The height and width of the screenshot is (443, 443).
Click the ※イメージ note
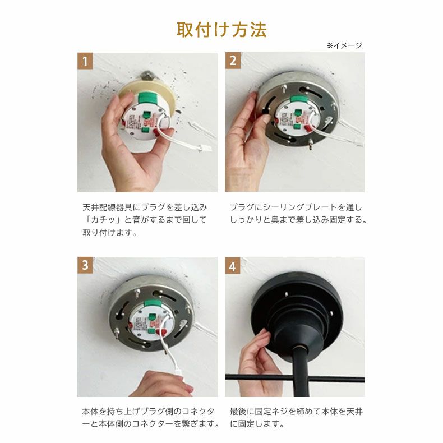pos(344,45)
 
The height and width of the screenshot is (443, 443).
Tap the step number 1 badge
pos(85,61)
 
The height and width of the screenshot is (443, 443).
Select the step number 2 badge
pos(233,61)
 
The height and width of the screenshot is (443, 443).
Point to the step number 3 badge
pos(85,266)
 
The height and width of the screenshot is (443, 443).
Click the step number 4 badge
pos(233,266)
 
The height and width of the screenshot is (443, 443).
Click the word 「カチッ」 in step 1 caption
pos(100,219)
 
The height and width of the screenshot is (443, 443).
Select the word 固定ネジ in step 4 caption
pos(274,412)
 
